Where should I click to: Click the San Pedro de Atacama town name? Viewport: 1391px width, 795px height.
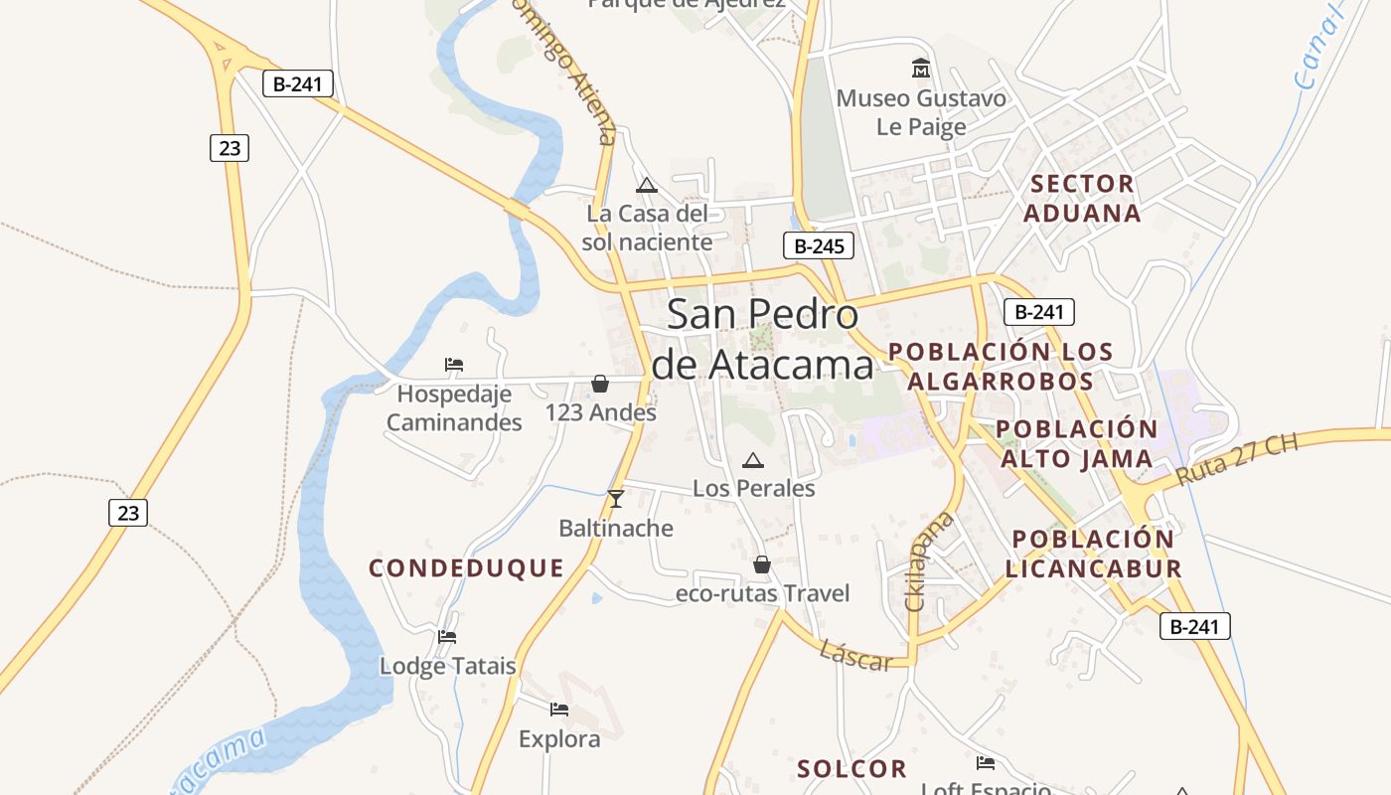[762, 339]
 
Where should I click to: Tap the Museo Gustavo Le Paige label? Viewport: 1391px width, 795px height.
[921, 112]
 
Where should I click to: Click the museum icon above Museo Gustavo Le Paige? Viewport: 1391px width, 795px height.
[921, 69]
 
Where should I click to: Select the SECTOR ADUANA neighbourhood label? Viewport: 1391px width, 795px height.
[1082, 198]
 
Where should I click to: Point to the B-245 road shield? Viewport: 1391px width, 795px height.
[818, 246]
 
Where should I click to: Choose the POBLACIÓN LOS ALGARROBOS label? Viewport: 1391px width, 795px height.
[1001, 366]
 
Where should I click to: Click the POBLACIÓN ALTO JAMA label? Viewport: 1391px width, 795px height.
[1077, 443]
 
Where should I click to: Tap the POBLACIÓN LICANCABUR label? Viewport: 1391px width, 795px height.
[1093, 554]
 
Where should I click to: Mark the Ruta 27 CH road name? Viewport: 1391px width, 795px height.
[1236, 458]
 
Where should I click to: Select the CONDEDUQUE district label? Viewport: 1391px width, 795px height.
[466, 568]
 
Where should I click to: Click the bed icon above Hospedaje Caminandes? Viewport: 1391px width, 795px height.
[454, 365]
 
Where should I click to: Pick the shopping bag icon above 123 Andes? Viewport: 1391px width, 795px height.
[600, 384]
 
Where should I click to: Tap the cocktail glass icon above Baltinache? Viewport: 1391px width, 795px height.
[616, 498]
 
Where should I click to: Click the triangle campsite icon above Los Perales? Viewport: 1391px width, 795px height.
[753, 460]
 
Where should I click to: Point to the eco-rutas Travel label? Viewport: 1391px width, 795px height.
[762, 594]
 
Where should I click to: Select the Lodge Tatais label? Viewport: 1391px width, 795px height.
[448, 666]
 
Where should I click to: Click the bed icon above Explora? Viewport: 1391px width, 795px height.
[559, 710]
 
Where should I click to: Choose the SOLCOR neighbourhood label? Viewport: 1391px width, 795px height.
[851, 769]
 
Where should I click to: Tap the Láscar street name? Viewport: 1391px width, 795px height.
[855, 656]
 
